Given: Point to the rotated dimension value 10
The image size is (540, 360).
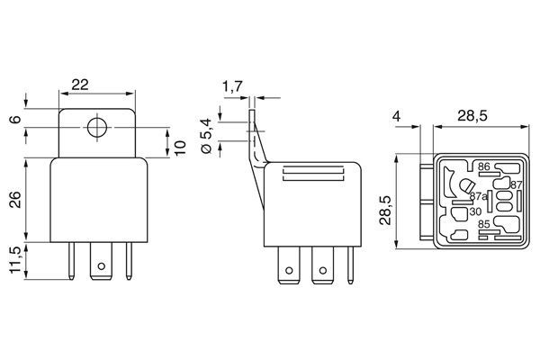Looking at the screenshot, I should pyautogui.click(x=180, y=146).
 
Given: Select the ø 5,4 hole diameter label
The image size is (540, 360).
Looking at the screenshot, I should pyautogui.click(x=206, y=135).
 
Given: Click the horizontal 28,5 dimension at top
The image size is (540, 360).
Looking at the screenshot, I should pyautogui.click(x=472, y=116).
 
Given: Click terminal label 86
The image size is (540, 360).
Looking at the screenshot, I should pyautogui.click(x=483, y=167).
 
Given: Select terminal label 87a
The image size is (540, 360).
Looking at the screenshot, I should pyautogui.click(x=479, y=196).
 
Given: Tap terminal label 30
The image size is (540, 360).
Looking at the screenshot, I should pyautogui.click(x=474, y=211).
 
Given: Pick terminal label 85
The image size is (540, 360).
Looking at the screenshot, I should pyautogui.click(x=484, y=225).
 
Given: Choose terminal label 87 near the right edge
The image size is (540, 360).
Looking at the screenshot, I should pyautogui.click(x=516, y=184).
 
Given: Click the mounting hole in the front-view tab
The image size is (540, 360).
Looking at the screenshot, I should pyautogui.click(x=95, y=126).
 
